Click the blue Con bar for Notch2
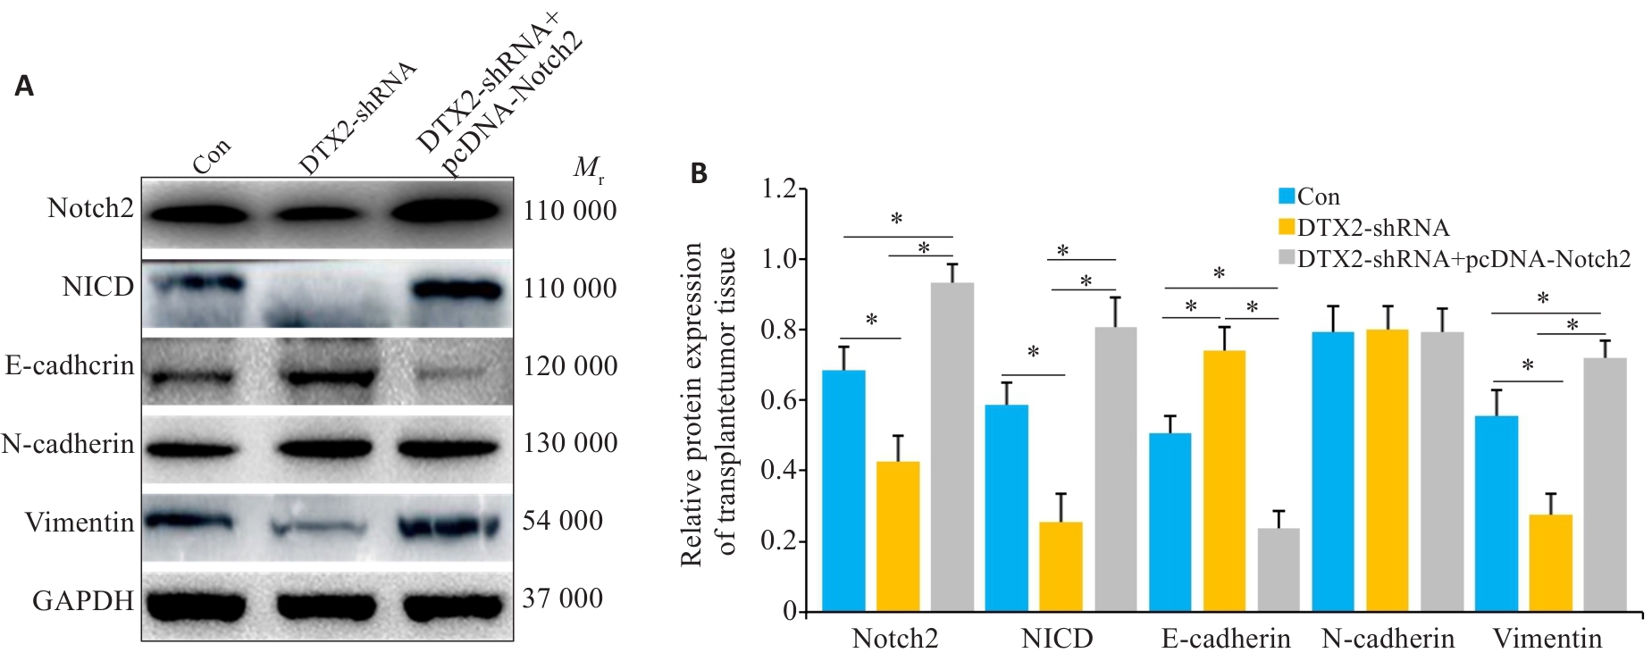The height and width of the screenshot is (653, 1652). click(x=843, y=490)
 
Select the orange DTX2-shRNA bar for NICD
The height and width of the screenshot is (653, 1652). click(x=1061, y=566)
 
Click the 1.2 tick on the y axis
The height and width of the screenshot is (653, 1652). click(x=777, y=189)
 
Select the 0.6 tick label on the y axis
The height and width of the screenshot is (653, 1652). click(x=777, y=400)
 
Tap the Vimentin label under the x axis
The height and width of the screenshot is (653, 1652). click(x=1547, y=639)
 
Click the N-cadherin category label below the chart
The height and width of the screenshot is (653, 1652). click(x=1388, y=639)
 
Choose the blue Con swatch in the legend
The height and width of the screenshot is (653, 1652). click(x=1287, y=197)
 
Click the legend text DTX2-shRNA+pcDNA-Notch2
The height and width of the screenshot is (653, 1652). click(x=1463, y=259)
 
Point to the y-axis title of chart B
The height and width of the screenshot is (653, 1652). click(x=708, y=404)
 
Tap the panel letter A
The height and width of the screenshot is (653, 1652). click(x=24, y=87)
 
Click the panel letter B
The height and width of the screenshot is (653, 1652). click(x=699, y=174)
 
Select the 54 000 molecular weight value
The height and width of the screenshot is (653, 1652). click(x=563, y=521)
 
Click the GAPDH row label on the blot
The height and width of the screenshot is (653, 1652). click(x=83, y=601)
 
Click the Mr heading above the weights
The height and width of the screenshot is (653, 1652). click(x=588, y=168)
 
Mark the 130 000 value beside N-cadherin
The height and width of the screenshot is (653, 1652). click(x=570, y=443)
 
